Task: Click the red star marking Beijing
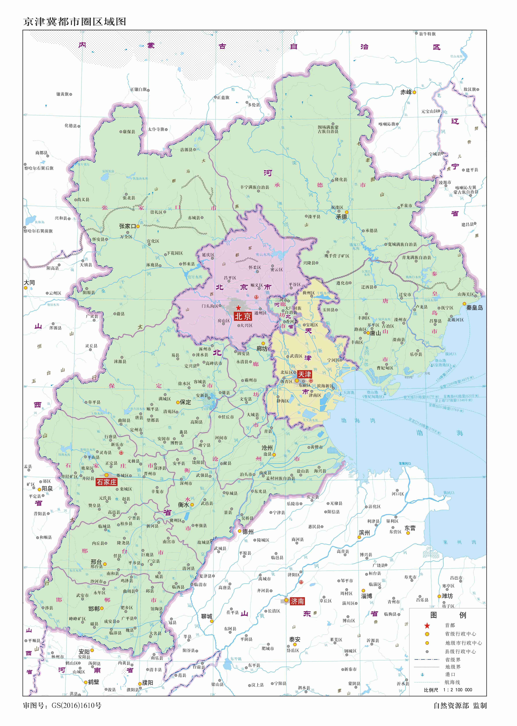point(238,308)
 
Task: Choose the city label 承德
point(342,217)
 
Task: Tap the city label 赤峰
point(406,92)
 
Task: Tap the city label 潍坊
point(447,596)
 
